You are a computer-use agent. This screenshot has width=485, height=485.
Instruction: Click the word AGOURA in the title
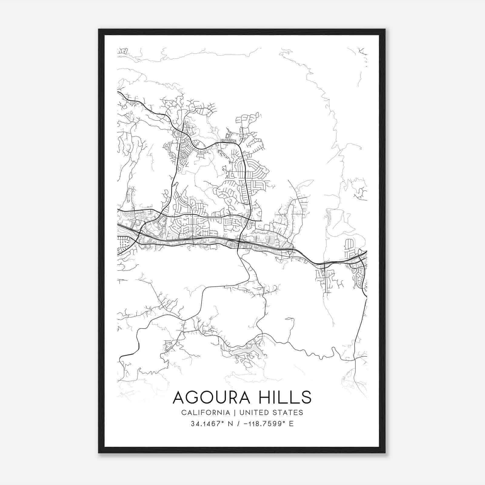(x=211, y=397)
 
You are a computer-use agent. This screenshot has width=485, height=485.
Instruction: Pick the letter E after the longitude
(x=291, y=424)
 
